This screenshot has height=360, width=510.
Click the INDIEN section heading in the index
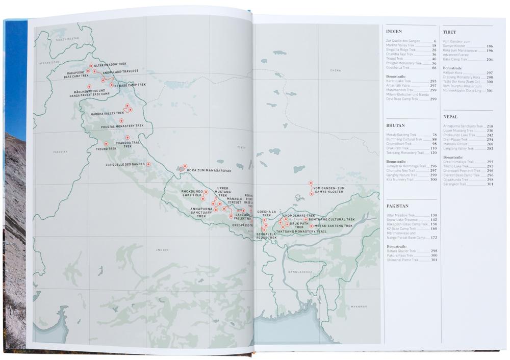point(394,32)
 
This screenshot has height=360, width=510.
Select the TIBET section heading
point(449,32)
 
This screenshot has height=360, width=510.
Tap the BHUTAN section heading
point(395,125)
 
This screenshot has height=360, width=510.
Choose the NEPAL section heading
point(450,117)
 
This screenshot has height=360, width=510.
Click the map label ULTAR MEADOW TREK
point(111,65)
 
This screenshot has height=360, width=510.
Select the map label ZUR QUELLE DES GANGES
point(125,165)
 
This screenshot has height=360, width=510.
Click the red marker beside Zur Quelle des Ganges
point(148,164)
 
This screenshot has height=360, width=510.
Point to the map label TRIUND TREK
point(106,149)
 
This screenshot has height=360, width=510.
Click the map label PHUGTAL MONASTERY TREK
point(122,126)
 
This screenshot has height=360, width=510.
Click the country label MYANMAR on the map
point(359,306)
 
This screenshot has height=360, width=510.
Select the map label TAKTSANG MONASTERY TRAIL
point(301,232)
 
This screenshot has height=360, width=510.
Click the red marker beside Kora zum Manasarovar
point(185,166)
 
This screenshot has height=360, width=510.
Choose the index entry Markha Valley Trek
point(400,45)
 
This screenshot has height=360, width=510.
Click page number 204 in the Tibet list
point(489,59)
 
